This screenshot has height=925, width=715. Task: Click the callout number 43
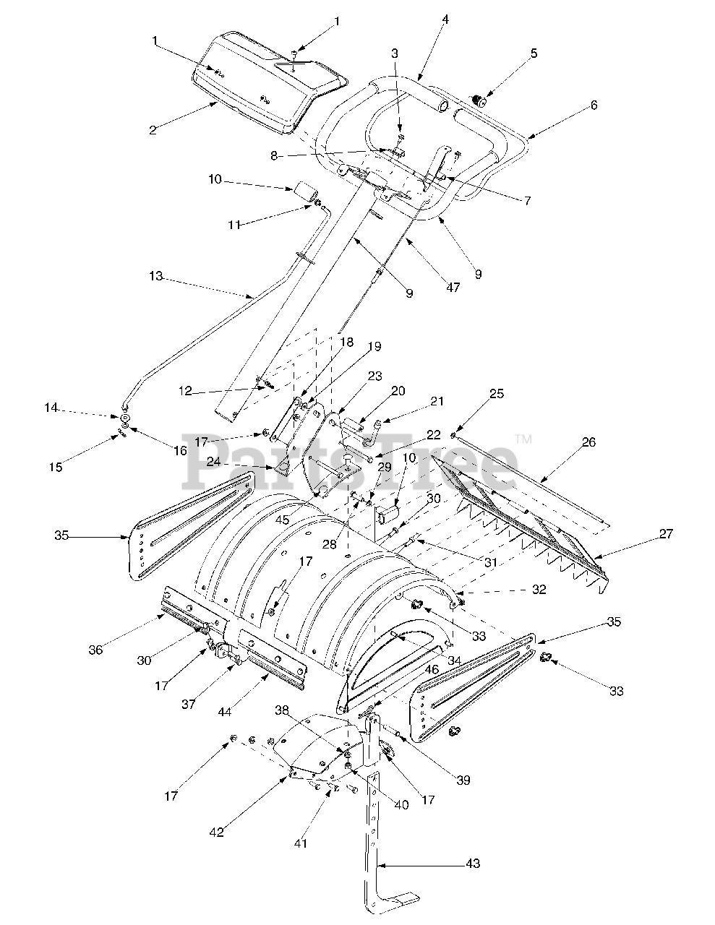coord(472,864)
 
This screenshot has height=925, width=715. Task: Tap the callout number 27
coord(665,534)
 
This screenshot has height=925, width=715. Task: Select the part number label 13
coord(156,276)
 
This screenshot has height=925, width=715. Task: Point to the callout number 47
coord(453,287)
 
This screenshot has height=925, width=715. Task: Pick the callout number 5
coord(594,105)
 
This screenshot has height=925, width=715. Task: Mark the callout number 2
coord(153,130)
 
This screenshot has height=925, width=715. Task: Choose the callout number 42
coord(216,832)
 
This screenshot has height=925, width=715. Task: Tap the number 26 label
coord(588,442)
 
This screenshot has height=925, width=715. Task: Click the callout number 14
coord(51,408)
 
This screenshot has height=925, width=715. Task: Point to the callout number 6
coord(594,105)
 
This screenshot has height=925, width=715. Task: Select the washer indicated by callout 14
coord(125,418)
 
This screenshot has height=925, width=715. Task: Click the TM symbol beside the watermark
coord(523,439)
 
